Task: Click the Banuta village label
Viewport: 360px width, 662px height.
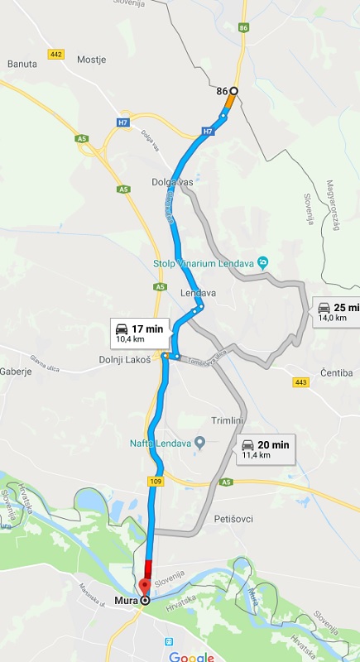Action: [22, 63]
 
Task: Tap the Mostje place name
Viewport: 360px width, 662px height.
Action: [92, 60]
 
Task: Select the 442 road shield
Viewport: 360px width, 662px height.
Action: [56, 55]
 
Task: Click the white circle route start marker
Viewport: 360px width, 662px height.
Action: [233, 91]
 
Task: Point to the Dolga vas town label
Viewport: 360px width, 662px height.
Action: [171, 182]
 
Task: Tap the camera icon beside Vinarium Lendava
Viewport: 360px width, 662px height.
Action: [262, 262]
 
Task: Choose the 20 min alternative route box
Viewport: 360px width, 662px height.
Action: [265, 449]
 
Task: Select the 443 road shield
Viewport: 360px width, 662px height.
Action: [300, 381]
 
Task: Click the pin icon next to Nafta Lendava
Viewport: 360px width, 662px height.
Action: [199, 442]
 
